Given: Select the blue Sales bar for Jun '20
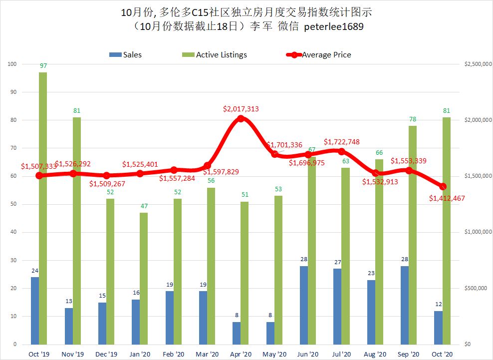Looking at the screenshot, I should coord(304,305).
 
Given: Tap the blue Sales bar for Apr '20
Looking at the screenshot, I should coord(237,333).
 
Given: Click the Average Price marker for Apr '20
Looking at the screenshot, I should coord(241,118).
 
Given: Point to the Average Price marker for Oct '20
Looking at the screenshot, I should coord(443,187).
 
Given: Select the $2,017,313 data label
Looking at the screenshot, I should coord(241,109).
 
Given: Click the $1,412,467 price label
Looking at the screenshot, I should coord(447,198).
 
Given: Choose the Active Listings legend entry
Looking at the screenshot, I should coord(215,55).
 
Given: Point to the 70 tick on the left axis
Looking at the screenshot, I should coord(13,148).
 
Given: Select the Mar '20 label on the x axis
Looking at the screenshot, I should coord(207,354).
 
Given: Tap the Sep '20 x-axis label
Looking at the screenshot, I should coord(409,354).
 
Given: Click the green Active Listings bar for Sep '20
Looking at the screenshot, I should coord(413,235).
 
